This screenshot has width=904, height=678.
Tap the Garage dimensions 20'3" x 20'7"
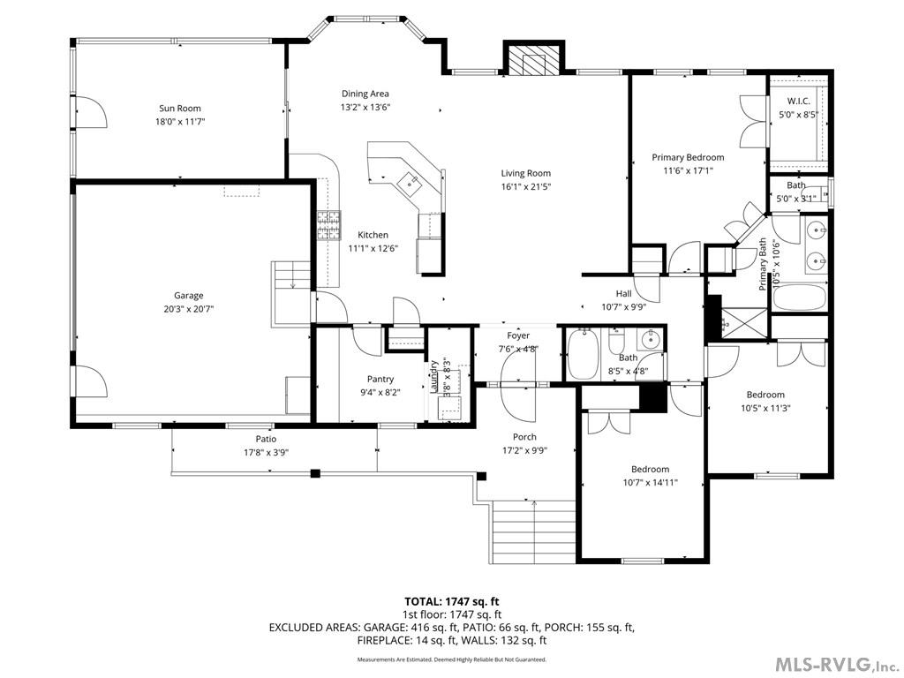coord(188,309)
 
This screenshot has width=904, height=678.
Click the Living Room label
coord(526,173)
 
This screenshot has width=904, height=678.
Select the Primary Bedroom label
coord(688,157)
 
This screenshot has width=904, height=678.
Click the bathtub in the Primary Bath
coord(799,297)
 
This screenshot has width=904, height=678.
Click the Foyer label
coord(518,335)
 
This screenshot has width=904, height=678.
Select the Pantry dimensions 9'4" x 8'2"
coord(380,392)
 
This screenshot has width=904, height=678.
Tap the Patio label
coord(266,439)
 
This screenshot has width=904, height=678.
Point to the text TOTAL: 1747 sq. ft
coord(451,601)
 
